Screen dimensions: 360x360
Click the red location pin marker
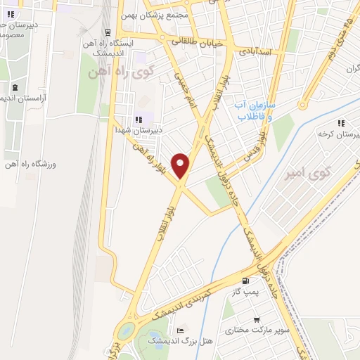181,165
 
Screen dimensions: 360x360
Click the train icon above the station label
108,32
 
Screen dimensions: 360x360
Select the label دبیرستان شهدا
138,129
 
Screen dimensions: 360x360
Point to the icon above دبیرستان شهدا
139,119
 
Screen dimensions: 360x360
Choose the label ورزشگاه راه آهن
32,165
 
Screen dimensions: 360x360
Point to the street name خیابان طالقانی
203,43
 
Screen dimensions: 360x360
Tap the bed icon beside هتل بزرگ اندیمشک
181,330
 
